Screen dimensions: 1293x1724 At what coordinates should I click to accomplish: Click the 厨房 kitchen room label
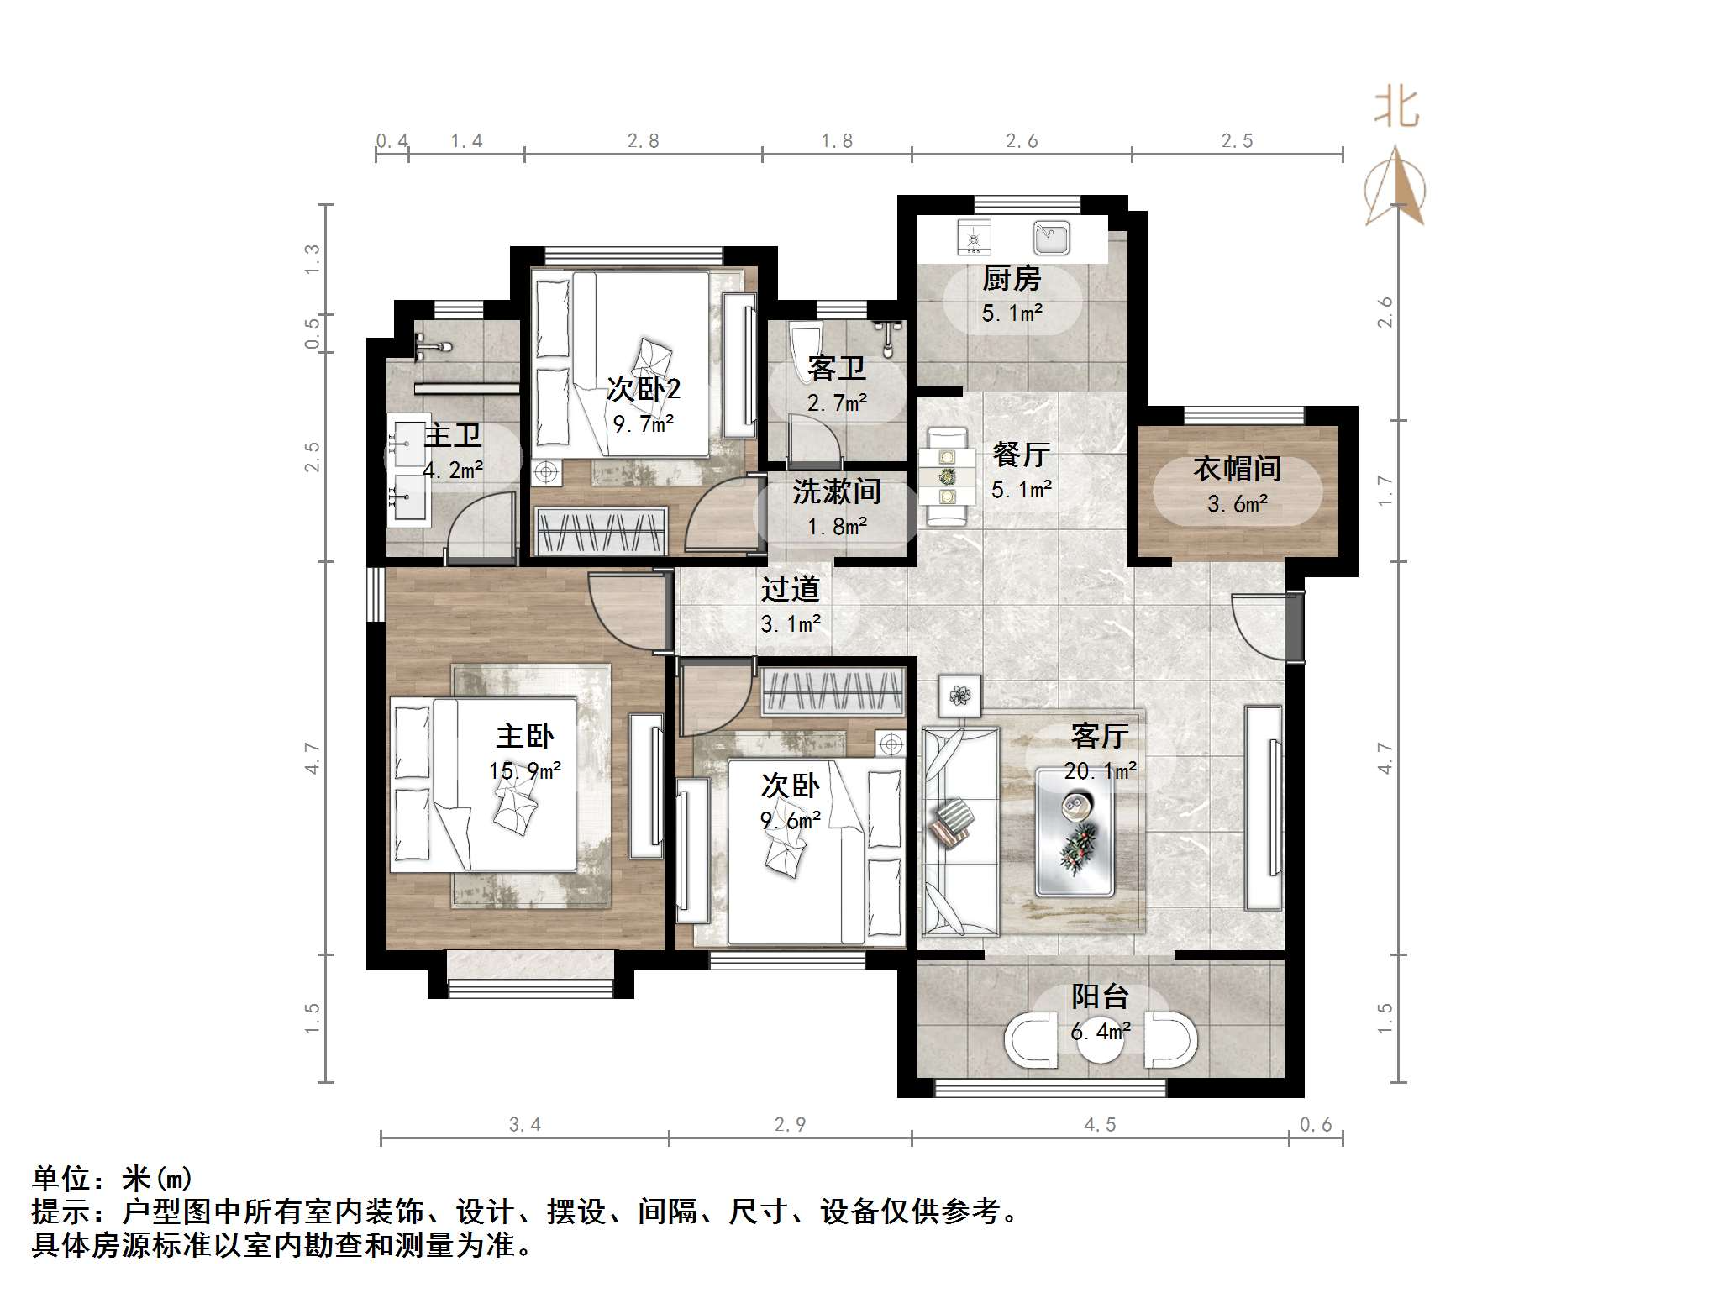coord(1012,279)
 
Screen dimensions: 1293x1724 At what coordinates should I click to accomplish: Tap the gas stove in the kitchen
coord(974,238)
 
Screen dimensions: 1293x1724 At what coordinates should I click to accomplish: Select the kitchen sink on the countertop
coord(1050,238)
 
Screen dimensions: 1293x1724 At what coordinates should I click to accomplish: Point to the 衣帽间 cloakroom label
coord(1237,469)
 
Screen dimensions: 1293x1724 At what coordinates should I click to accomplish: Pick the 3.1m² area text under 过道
coord(790,624)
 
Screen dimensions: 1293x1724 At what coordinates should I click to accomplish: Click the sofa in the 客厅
coord(959,832)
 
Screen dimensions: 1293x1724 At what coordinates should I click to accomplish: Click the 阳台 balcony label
coord(1099,997)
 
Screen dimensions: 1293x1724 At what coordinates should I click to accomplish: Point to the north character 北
coord(1396,108)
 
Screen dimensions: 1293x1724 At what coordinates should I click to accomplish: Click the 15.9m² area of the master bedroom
coord(525,770)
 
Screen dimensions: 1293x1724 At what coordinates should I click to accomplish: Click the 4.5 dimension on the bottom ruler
coord(1100,1125)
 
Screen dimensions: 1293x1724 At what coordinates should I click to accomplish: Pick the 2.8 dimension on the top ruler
coord(643,141)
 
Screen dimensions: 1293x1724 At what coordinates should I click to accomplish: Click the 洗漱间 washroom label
coord(836,491)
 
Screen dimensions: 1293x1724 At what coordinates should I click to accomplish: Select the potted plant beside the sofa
coord(959,696)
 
